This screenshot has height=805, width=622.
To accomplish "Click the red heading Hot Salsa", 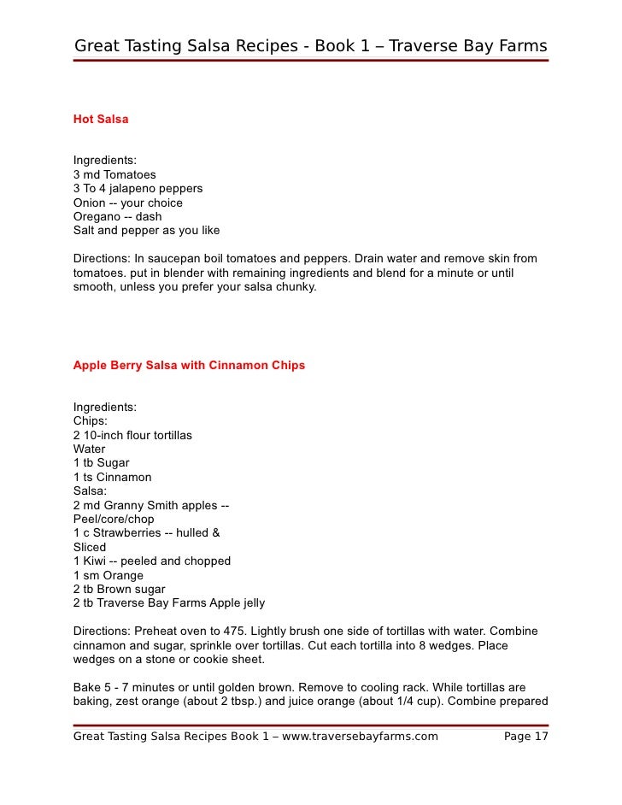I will click(101, 120).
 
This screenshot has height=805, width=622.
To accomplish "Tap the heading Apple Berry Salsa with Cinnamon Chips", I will click(189, 366).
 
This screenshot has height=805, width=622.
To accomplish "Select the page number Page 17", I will click(526, 737).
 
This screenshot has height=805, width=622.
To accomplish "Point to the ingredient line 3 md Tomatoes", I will click(114, 174).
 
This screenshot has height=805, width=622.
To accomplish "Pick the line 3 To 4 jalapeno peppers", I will click(138, 188).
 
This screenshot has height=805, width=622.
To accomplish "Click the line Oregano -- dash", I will click(117, 216).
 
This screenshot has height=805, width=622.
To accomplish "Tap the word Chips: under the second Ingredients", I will click(91, 421).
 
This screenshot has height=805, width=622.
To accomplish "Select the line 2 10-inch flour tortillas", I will click(132, 435).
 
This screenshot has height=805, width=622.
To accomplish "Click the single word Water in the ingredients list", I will click(90, 449).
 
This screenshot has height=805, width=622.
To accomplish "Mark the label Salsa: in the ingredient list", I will click(91, 491).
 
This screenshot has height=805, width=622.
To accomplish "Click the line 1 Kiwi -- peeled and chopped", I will click(152, 561).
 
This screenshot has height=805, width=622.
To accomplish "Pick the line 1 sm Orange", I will click(109, 575).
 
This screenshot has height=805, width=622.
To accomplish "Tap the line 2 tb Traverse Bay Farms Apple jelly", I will click(169, 603).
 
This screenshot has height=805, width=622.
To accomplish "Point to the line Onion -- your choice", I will click(128, 203).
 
